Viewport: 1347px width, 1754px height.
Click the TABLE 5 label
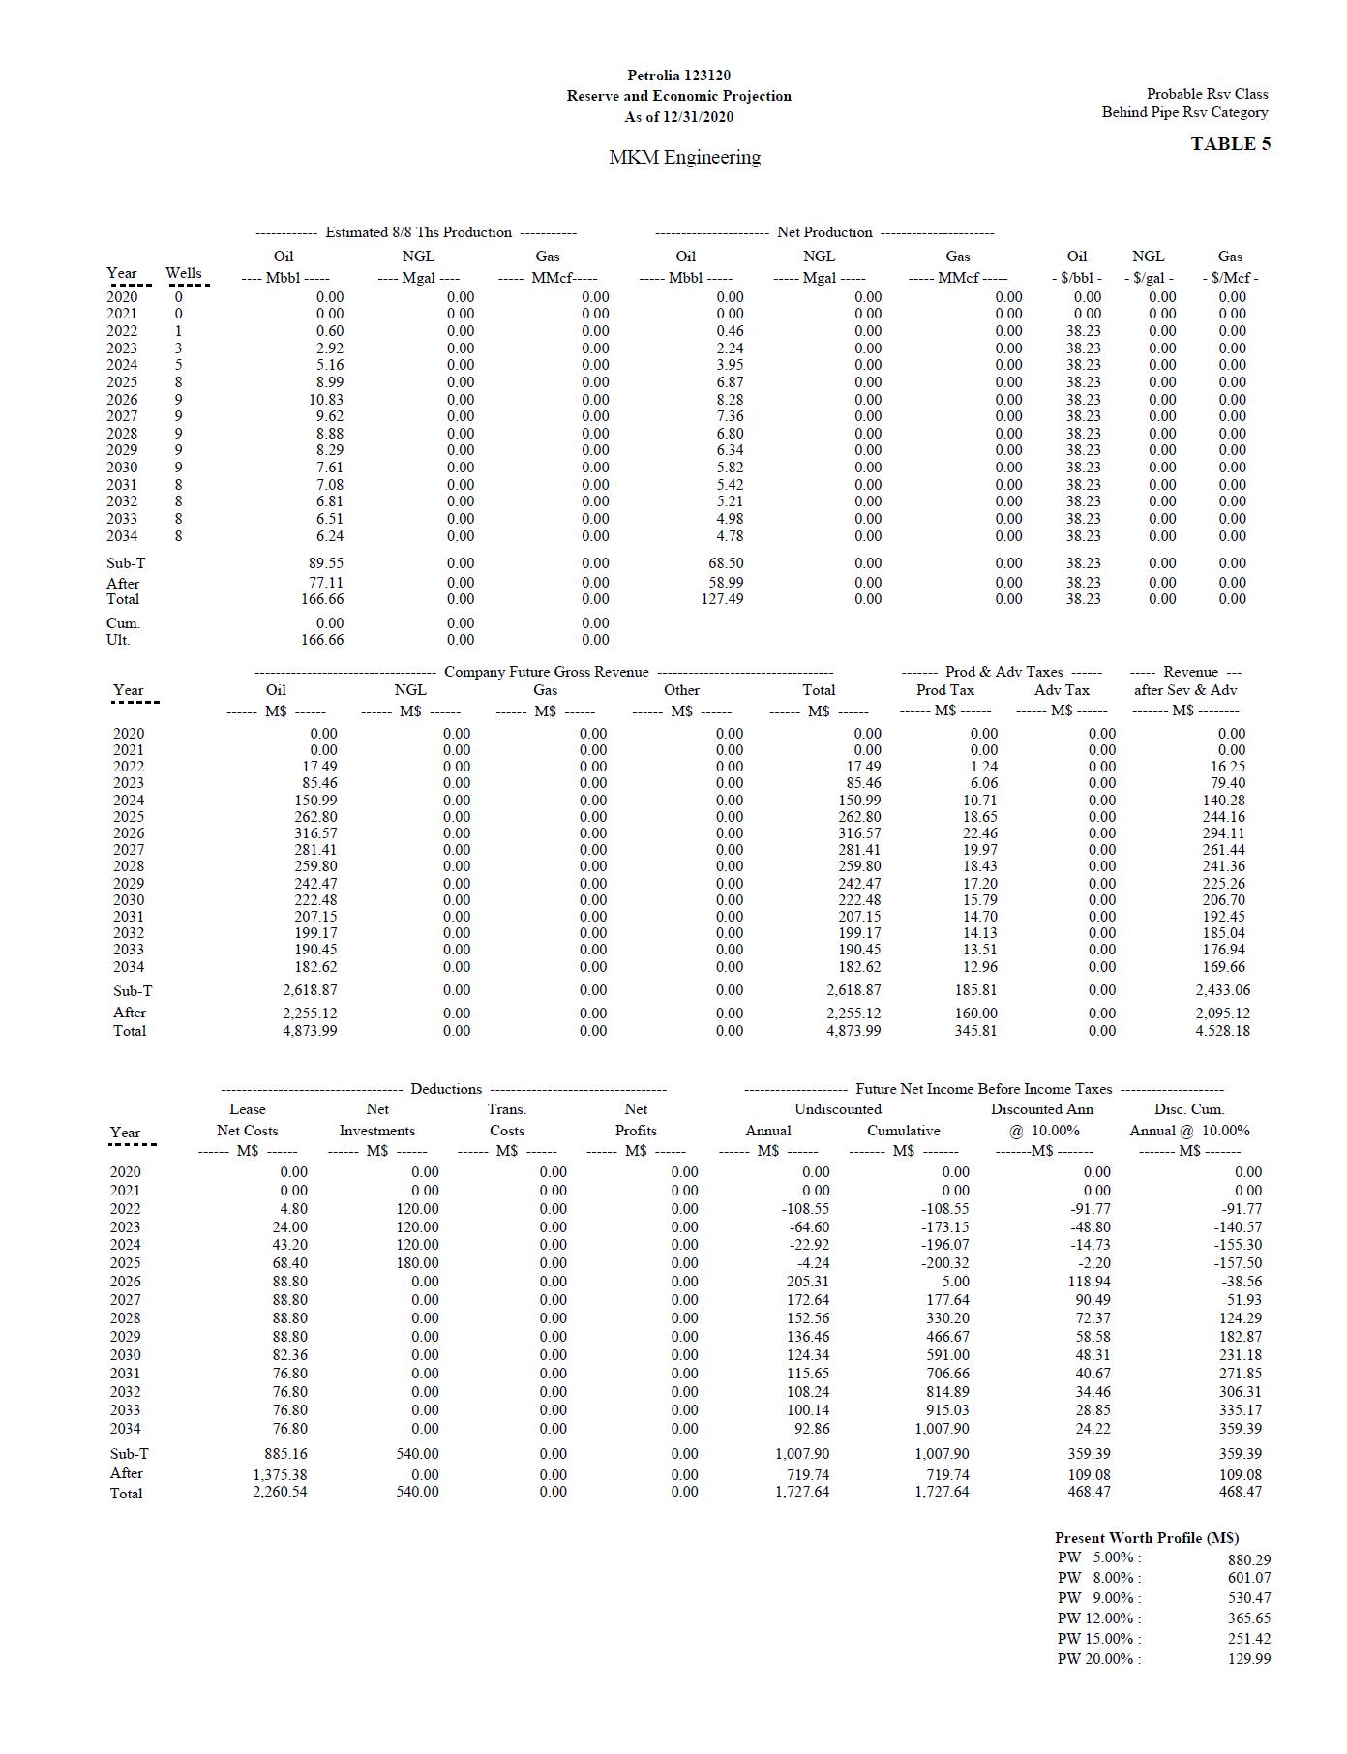click(1230, 144)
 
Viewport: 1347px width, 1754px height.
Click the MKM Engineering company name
click(684, 157)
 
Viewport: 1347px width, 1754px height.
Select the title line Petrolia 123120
click(678, 76)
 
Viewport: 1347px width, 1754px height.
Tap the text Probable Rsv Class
click(1207, 94)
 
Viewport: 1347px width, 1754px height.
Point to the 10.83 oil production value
click(325, 399)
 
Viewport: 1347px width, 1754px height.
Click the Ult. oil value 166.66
click(322, 640)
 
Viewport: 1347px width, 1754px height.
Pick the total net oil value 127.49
click(722, 599)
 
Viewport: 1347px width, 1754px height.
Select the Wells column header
click(184, 273)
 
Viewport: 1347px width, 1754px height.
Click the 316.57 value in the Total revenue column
click(859, 833)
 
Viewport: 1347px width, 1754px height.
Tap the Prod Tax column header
click(944, 690)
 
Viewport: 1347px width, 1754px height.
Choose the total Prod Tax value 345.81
click(975, 1031)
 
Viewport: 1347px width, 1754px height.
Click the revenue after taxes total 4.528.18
click(1222, 1031)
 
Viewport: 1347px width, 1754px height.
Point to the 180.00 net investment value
click(417, 1263)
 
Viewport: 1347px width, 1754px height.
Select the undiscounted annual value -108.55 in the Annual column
click(805, 1209)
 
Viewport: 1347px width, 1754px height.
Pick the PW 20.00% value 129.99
click(1249, 1659)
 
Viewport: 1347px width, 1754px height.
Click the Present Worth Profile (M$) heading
click(1147, 1538)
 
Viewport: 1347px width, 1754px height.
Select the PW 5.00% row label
click(1098, 1558)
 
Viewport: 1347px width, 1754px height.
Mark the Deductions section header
click(445, 1089)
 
